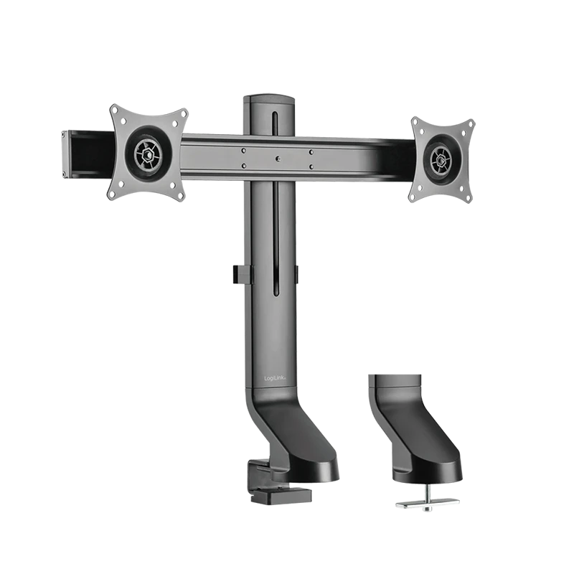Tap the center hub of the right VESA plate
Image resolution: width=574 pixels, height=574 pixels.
[441, 159]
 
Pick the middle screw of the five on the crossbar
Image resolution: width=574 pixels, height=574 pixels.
[277, 159]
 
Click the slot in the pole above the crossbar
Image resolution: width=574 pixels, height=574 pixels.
[273, 121]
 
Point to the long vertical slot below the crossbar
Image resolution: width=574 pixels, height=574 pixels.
[273, 237]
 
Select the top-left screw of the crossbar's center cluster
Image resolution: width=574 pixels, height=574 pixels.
[244, 151]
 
